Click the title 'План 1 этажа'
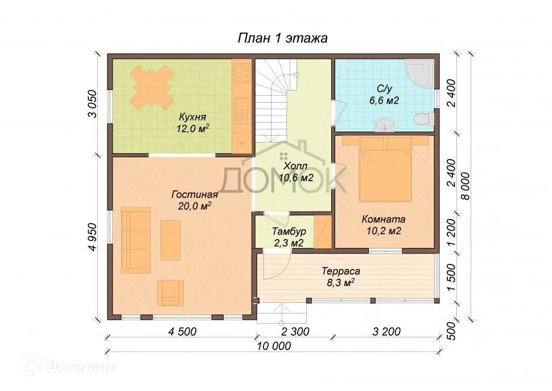283,38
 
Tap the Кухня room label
192,117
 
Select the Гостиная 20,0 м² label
195,200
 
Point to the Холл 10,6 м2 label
296,172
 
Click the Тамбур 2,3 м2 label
289,237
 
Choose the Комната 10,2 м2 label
384,225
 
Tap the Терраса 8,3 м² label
341,277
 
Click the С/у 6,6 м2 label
384,95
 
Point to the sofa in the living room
136,240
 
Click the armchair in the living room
170,293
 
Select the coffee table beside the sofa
171,240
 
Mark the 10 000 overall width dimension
274,346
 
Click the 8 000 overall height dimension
466,186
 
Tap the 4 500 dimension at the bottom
182,331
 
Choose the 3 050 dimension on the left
92,104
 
